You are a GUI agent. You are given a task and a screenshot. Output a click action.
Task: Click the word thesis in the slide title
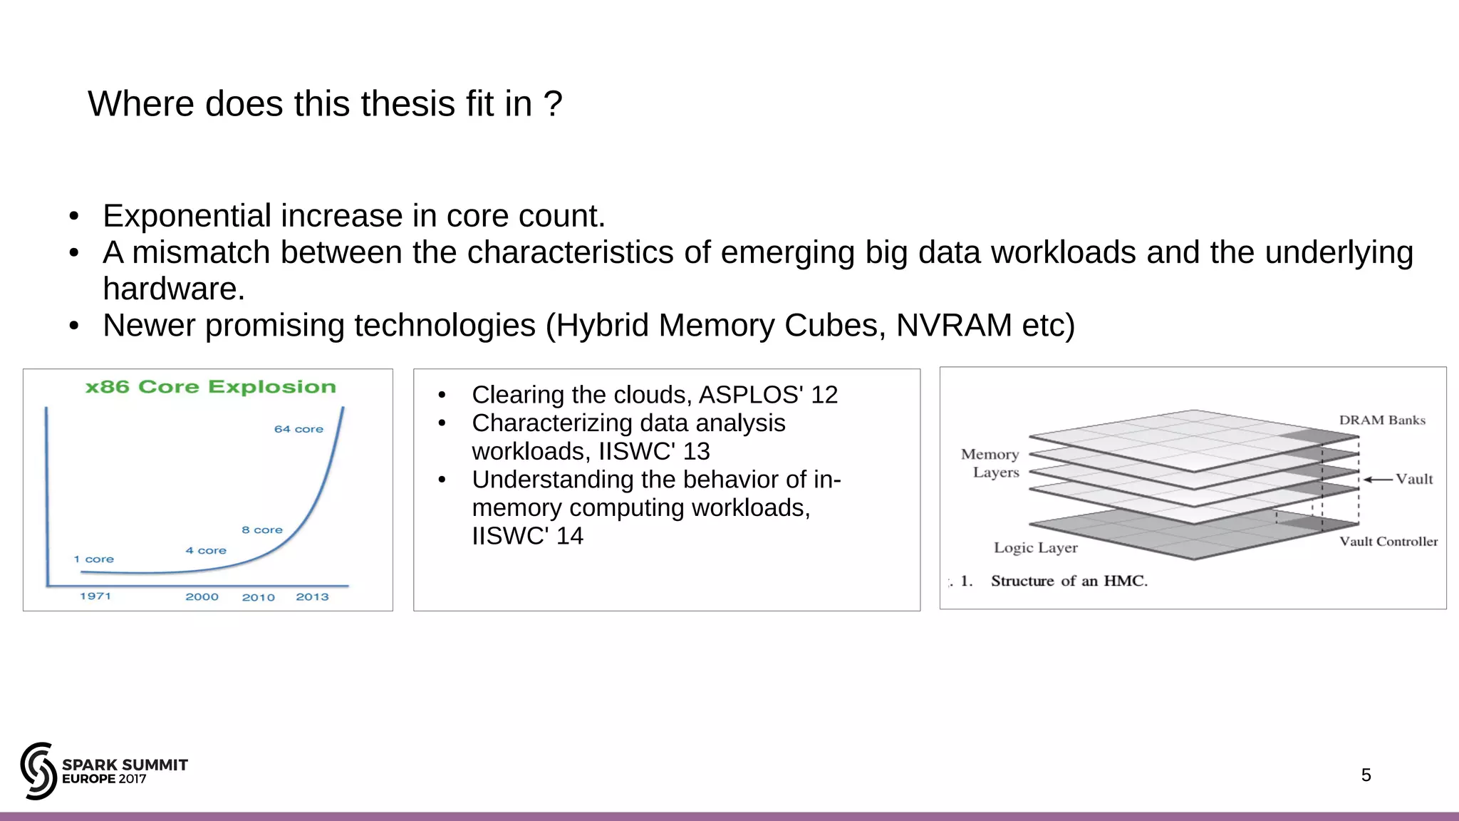[x=410, y=104]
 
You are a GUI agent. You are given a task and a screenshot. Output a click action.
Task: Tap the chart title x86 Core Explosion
[x=210, y=387]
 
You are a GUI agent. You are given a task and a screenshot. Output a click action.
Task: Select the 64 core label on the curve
[x=298, y=429]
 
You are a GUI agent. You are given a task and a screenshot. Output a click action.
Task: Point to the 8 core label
[x=262, y=530]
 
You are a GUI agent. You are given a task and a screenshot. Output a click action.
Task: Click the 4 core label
[x=206, y=551]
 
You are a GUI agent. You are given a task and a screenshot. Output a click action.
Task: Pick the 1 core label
[x=93, y=559]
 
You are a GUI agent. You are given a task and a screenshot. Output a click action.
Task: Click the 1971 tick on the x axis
[x=95, y=597]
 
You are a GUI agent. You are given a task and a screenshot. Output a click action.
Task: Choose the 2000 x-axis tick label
[x=202, y=597]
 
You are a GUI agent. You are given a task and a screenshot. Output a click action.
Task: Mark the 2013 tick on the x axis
[x=312, y=597]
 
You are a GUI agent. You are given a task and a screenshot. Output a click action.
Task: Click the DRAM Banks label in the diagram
[x=1382, y=420]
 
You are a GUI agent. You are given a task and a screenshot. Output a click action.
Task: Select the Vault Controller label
[x=1388, y=542]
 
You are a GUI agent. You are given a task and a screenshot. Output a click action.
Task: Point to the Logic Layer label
[x=1036, y=548]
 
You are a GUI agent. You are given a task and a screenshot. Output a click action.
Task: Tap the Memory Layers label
[x=991, y=463]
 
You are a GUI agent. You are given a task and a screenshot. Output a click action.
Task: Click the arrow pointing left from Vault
[x=1378, y=480]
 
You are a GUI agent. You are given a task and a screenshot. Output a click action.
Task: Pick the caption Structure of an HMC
[x=1069, y=581]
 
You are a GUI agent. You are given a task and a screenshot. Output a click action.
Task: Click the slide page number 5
[x=1366, y=775]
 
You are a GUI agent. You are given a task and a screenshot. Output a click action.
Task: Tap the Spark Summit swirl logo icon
[x=38, y=770]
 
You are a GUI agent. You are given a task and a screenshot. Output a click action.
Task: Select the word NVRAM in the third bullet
[x=953, y=326]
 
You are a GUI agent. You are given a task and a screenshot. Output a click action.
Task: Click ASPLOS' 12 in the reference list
[x=768, y=395]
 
